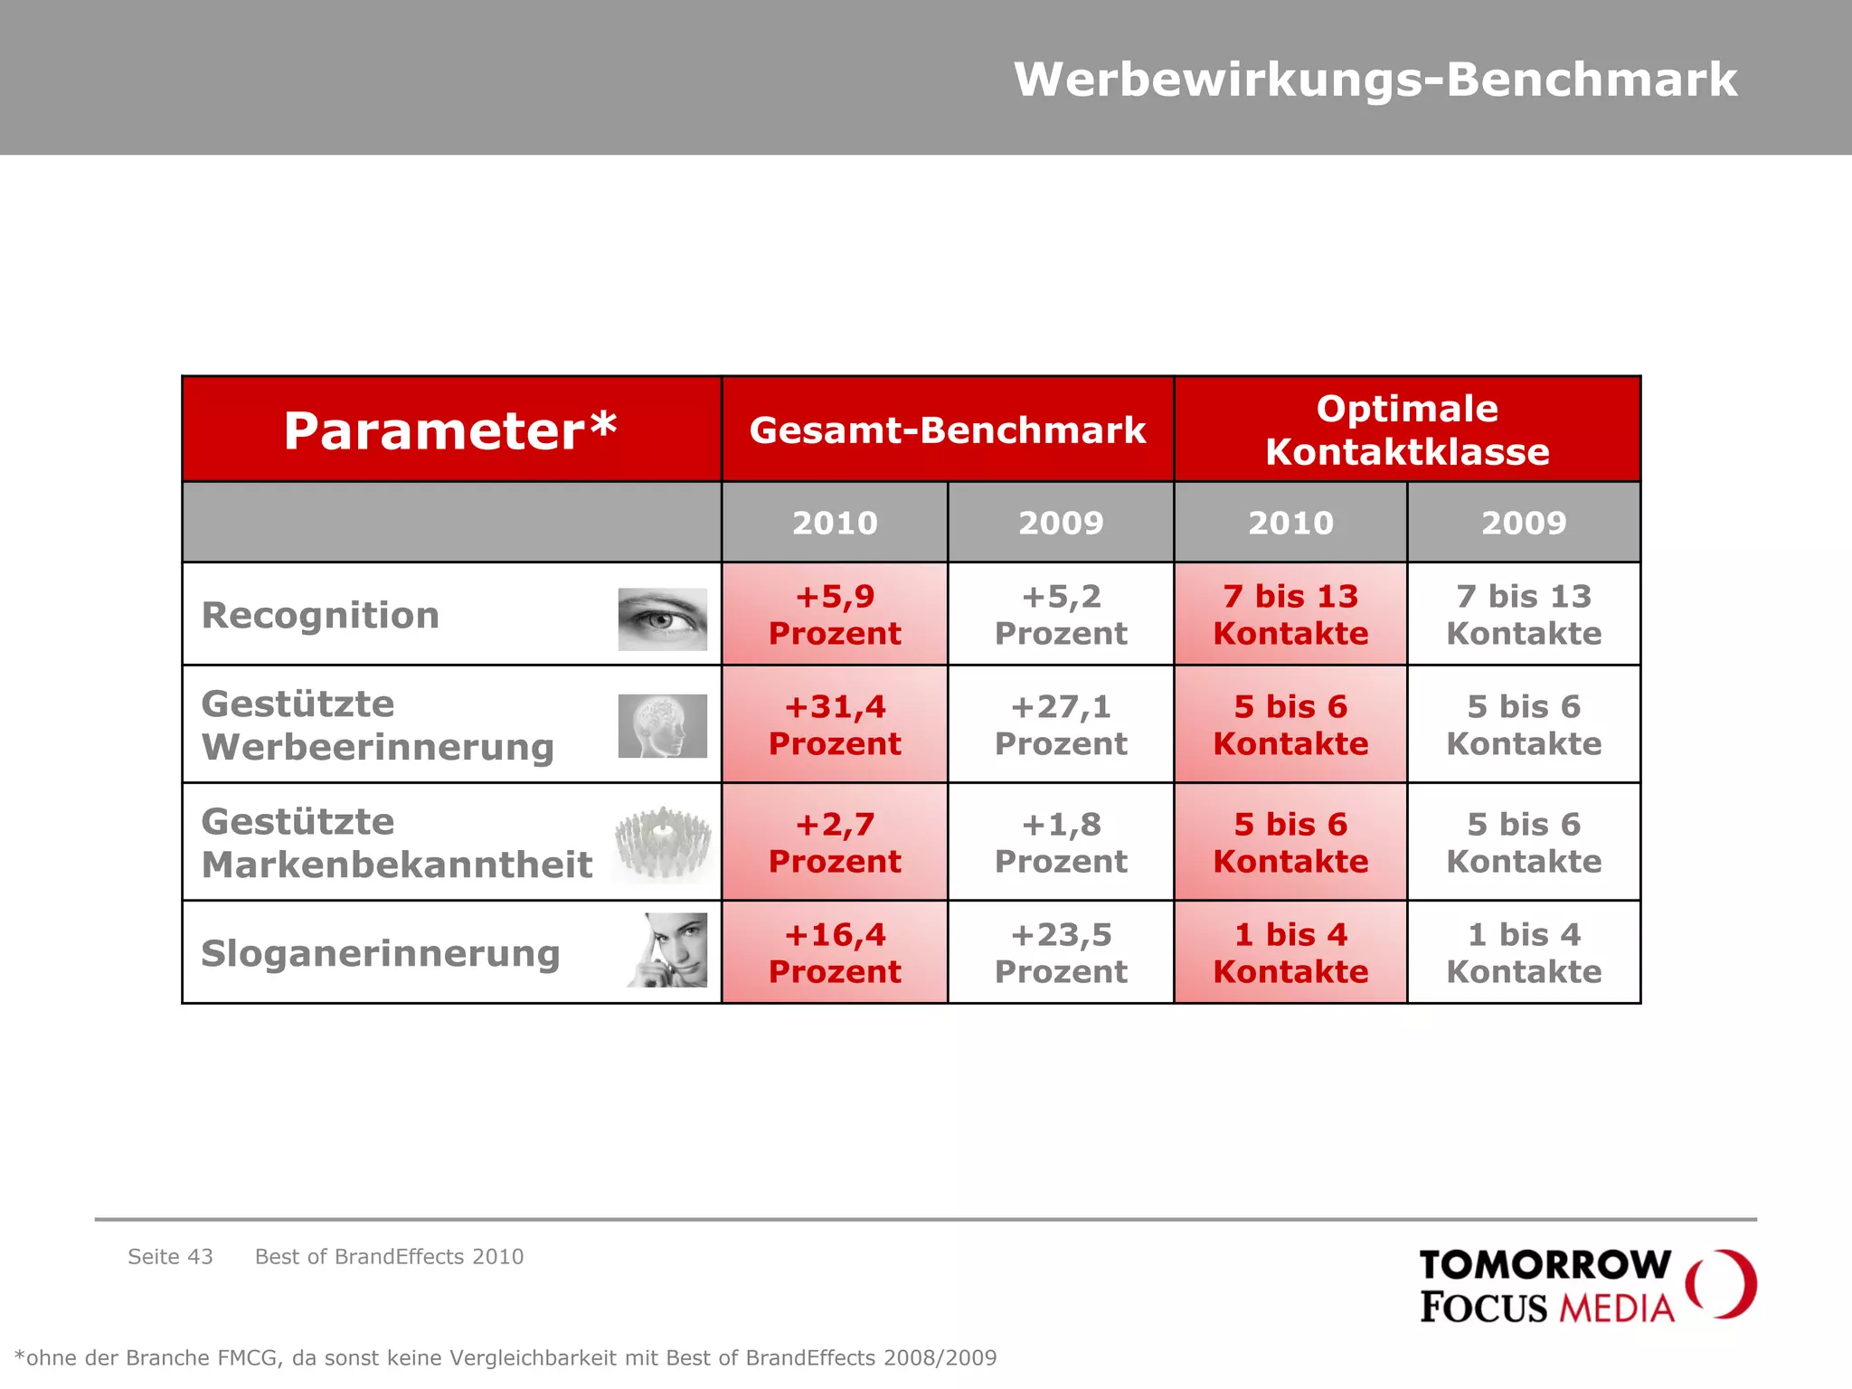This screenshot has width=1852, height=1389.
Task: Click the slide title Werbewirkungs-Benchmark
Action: click(x=1375, y=80)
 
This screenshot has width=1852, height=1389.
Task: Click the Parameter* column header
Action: click(x=450, y=430)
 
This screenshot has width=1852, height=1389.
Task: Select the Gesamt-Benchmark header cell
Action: click(x=947, y=430)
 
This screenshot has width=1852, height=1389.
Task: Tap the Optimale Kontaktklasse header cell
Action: click(x=1406, y=430)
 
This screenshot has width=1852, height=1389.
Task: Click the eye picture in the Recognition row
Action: click(x=662, y=619)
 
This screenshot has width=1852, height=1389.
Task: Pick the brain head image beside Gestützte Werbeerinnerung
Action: click(x=662, y=726)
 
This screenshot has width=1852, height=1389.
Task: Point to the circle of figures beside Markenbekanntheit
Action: click(x=662, y=843)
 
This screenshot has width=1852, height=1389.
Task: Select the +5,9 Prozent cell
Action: click(x=835, y=615)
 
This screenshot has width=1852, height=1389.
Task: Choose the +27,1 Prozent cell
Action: click(x=1061, y=725)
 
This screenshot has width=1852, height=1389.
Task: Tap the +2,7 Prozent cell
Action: click(x=835, y=843)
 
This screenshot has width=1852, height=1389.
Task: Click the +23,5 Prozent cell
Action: click(x=1061, y=953)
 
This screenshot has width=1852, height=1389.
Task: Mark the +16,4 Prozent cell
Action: click(x=835, y=953)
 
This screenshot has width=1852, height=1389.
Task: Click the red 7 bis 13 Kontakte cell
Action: click(x=1290, y=615)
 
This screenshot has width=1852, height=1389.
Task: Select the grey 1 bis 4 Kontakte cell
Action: click(x=1524, y=953)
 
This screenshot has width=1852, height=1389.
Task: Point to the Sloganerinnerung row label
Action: click(x=381, y=953)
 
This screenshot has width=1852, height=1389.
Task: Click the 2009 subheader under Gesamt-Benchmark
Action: click(x=1061, y=523)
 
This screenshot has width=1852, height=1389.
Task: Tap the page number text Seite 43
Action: click(x=170, y=1257)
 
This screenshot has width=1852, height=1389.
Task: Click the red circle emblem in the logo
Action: click(x=1721, y=1284)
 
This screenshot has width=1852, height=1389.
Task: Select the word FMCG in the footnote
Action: click(x=248, y=1358)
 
